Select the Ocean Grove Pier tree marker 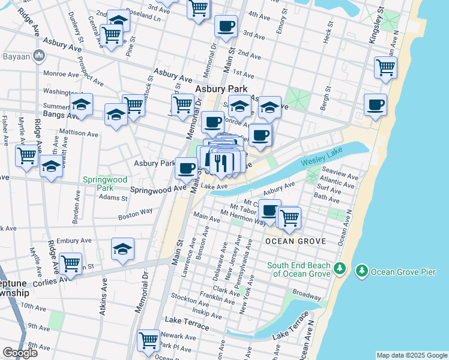[x=361, y=271]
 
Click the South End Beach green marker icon [x=340, y=267]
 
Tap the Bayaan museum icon [x=40, y=56]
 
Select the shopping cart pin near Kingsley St [x=385, y=67]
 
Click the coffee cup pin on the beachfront [x=375, y=105]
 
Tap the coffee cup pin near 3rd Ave [x=226, y=26]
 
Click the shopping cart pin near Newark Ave [x=148, y=340]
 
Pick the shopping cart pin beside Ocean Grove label [x=289, y=217]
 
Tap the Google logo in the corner [x=20, y=353]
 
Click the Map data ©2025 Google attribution [x=412, y=355]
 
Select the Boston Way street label [x=136, y=214]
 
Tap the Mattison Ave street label [x=79, y=133]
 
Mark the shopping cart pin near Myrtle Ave [x=27, y=155]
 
